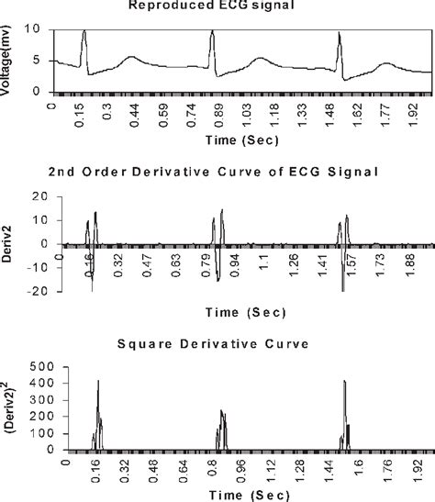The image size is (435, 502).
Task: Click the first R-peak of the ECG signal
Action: pos(84,31)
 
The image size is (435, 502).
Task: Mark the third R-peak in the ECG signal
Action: pos(339,34)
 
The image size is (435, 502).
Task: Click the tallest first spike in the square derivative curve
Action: pos(98,382)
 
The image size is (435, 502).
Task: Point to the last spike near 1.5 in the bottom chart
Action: pos(344,382)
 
